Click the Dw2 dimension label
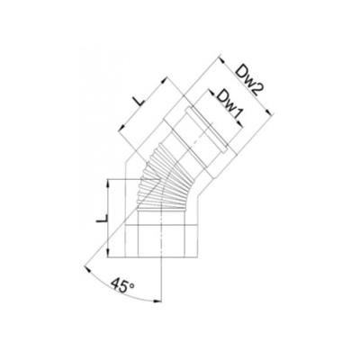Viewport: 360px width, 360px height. coord(247,80)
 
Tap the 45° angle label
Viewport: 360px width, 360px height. coord(122,284)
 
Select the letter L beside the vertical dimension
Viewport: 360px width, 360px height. coord(102,219)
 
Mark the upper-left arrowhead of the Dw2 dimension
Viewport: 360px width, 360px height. coord(221,59)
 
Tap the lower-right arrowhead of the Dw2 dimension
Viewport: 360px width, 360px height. coord(270,112)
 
